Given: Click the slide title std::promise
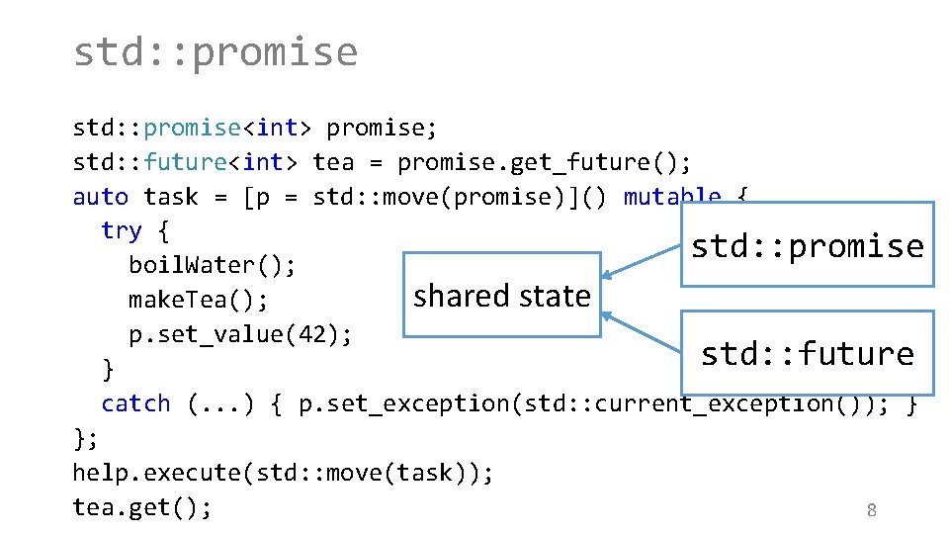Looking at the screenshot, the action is pos(215,51).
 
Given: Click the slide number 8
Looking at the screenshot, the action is pos(871,510).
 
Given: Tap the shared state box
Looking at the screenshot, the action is pos(501,295).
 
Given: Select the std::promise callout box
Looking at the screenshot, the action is pos(807,245).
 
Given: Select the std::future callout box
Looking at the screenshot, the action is pos(807,354).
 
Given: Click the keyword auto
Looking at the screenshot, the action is pos(100,197).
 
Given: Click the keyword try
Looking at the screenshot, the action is pos(121,231).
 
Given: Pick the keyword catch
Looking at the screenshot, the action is pos(135,403).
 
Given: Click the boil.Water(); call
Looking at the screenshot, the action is pos(213,266).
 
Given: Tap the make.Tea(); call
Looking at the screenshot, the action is pos(198,300).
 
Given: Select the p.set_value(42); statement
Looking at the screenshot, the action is pos(240,334).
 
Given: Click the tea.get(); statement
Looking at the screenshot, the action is pos(141,507).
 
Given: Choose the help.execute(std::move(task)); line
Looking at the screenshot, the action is pos(283,473).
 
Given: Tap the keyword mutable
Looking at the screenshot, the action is pos(672,197).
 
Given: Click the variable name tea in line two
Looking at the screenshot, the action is pos(332,162).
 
